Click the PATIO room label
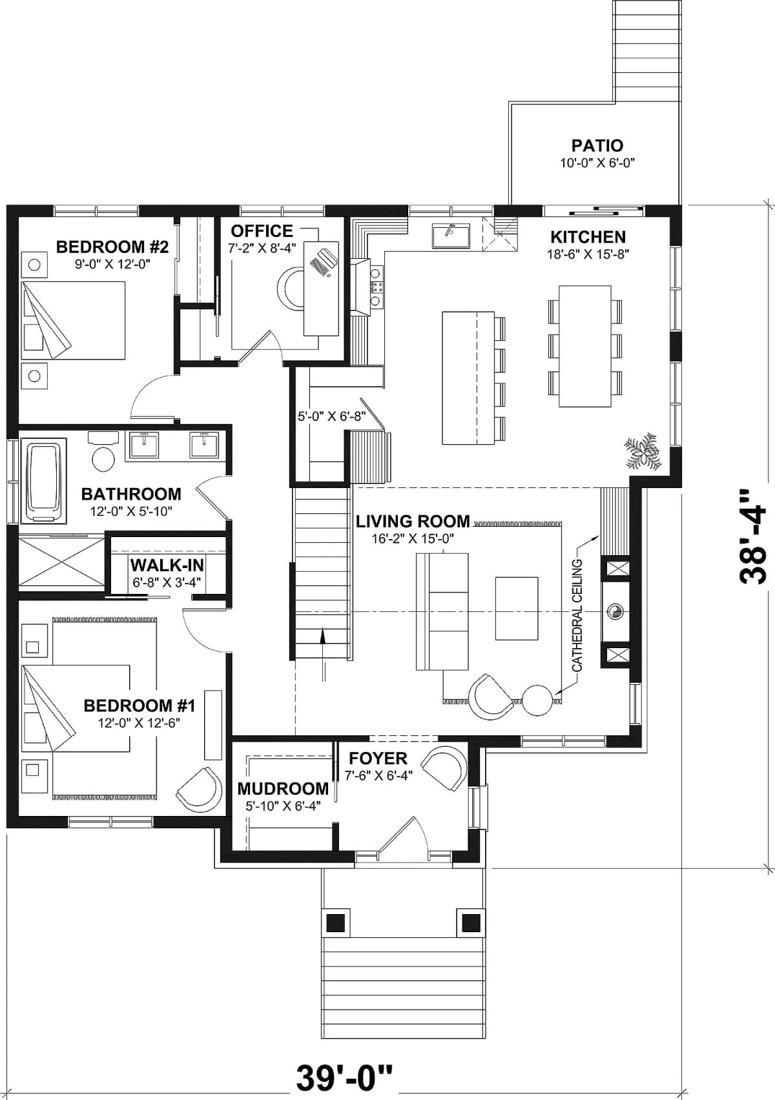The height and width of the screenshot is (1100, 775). pos(597,146)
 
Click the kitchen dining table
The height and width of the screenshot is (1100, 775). pos(584,346)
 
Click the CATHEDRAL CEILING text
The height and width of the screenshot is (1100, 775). pos(577,615)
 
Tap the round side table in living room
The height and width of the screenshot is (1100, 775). pos(538,699)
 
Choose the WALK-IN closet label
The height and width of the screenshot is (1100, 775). pos(167,565)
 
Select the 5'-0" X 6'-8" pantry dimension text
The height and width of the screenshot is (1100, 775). pos(331,417)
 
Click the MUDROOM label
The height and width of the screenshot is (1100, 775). pos(283,789)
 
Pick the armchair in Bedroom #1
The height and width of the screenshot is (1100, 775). pos(199,789)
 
